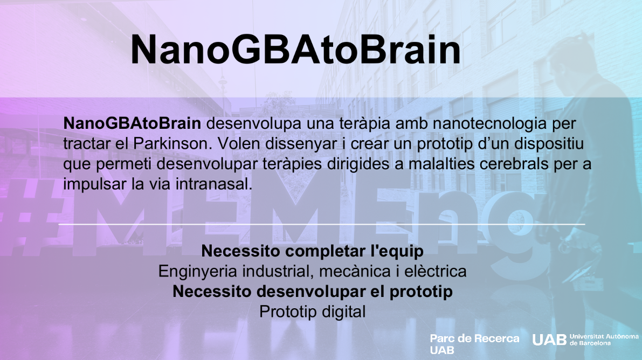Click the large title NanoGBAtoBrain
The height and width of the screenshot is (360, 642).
click(295, 50)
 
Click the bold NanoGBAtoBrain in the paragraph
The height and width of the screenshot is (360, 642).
click(132, 123)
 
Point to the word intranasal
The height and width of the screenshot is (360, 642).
click(213, 184)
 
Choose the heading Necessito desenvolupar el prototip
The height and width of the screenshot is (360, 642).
click(313, 292)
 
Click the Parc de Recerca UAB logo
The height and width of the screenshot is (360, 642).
click(474, 344)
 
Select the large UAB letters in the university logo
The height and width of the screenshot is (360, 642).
click(549, 340)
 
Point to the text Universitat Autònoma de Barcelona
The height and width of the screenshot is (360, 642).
click(604, 340)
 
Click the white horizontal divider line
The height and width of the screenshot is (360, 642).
click(322, 224)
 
